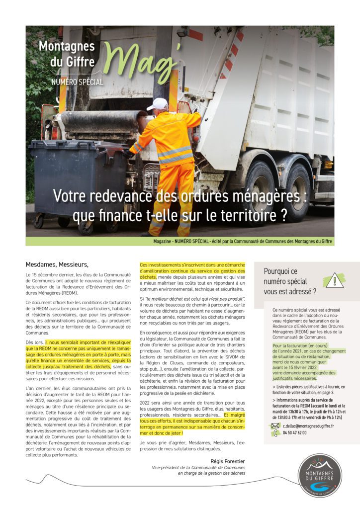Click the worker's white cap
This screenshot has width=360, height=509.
click(x=160, y=103)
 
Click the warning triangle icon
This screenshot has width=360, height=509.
click(x=334, y=280)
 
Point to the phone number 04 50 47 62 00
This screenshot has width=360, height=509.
click(x=295, y=433)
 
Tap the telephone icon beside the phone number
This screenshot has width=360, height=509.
click(x=275, y=433)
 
